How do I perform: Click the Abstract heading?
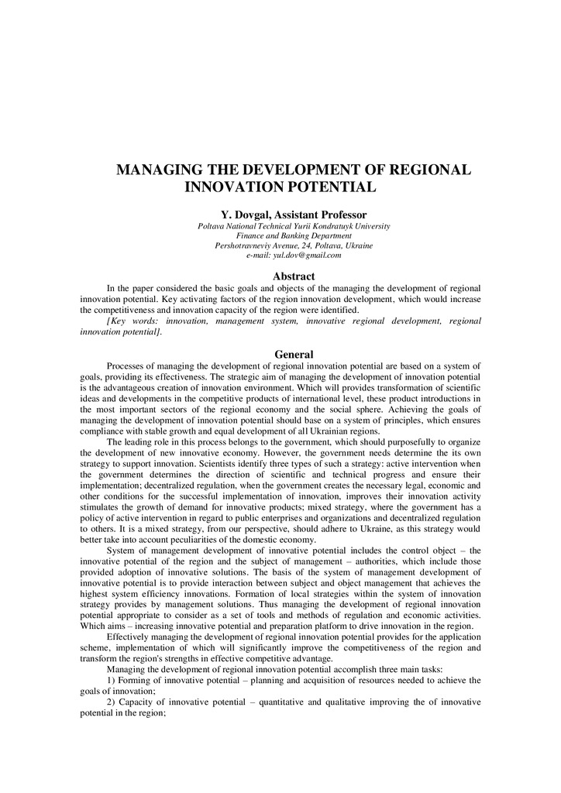[294, 276]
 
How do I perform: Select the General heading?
[294, 355]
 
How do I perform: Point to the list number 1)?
[112, 680]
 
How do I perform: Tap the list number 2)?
[112, 702]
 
